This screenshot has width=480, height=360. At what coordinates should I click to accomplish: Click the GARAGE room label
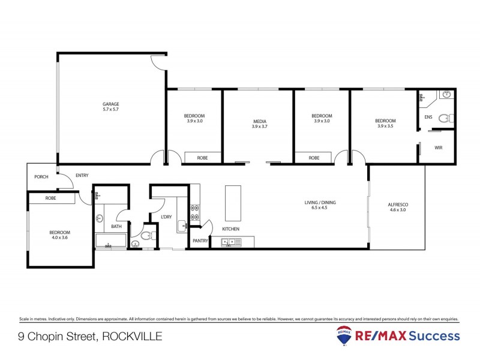tap(110, 104)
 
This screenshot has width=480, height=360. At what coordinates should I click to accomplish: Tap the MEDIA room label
tap(259, 122)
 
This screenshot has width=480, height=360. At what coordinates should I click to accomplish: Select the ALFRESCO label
tap(398, 205)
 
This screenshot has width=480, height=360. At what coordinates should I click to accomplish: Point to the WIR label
tap(438, 147)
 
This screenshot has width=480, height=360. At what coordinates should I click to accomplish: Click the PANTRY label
tap(200, 241)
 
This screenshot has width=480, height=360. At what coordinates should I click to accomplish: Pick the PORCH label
tap(41, 177)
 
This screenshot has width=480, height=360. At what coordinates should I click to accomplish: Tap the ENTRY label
tap(82, 176)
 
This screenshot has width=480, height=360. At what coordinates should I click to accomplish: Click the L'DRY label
tap(167, 217)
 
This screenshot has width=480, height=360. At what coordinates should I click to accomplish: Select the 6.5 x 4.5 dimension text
tap(320, 209)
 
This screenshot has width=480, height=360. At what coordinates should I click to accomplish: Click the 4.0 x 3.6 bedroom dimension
tap(60, 238)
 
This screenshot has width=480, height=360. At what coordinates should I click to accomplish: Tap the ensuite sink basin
tap(446, 94)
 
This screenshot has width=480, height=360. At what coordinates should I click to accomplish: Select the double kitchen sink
tap(230, 242)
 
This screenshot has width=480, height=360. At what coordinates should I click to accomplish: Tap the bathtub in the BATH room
tap(110, 242)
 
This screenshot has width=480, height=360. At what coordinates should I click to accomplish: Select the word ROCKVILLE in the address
tap(131, 337)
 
